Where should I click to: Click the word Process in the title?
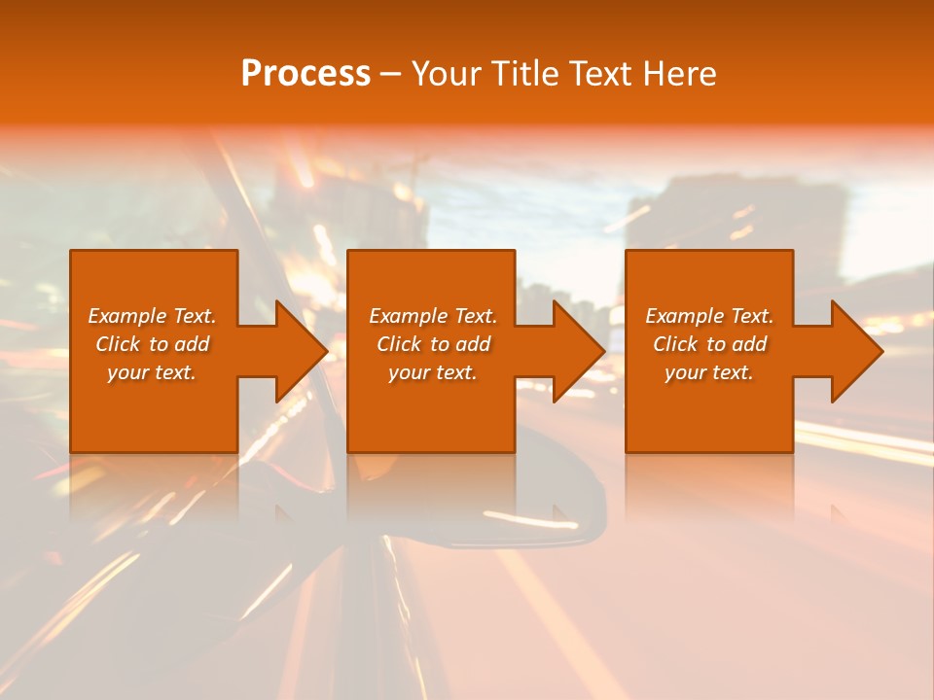[305, 74]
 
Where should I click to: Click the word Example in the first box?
[126, 316]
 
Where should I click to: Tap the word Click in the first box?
[118, 344]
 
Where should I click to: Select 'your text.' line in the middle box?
[432, 372]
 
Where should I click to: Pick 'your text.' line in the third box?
[708, 372]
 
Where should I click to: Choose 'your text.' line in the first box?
[151, 372]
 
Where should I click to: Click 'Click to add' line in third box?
[709, 344]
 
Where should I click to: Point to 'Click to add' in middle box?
[433, 344]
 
